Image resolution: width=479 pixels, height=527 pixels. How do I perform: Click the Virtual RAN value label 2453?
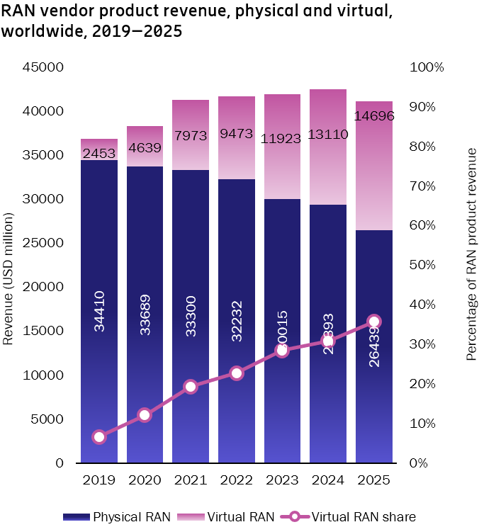pos(99,153)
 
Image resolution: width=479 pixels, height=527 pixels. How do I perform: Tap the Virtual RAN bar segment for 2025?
pos(374,177)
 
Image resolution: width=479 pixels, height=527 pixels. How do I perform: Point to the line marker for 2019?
pos(99,437)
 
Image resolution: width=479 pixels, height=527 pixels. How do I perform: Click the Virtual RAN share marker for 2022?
pos(237,373)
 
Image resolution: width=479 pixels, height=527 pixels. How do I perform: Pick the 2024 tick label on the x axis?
pos(328,480)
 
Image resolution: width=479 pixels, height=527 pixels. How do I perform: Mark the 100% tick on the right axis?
pos(427,67)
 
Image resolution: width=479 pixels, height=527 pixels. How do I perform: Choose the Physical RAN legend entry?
pos(117,516)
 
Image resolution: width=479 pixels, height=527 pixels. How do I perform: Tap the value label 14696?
pos(374,115)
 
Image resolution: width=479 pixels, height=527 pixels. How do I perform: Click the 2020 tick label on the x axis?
pos(145,480)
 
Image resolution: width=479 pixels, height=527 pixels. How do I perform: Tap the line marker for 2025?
pos(374,321)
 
